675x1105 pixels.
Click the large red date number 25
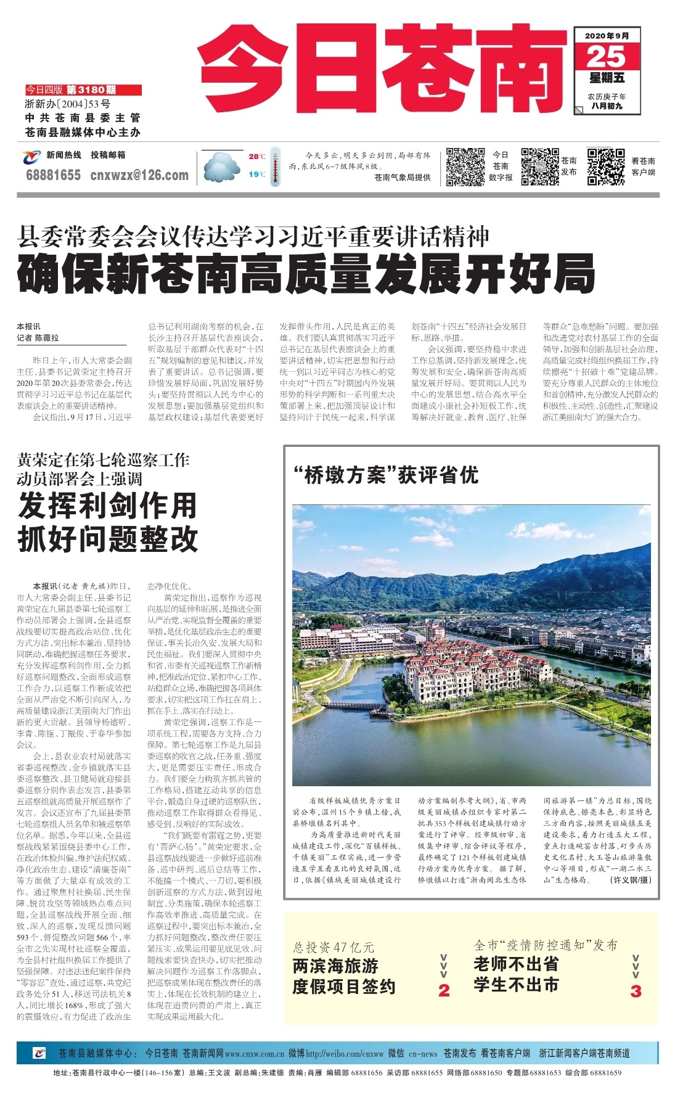pos(606,57)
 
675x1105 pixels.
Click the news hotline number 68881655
pos(53,175)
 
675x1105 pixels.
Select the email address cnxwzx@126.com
pos(139,175)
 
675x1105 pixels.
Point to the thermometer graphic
pos(275,166)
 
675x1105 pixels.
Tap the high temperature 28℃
pos(256,157)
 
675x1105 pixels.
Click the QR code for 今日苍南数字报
pos(465,166)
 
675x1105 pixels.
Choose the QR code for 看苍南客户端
pos(605,166)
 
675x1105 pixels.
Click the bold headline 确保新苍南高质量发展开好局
pos(306,275)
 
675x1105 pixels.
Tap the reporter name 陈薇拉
pos(47,338)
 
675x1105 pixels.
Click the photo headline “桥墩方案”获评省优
pos(386,475)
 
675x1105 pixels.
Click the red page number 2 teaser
pos(444,990)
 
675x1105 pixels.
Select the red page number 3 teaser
pos(636,990)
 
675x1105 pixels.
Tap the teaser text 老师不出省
pos(516,964)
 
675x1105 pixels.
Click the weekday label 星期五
pos(607,78)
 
